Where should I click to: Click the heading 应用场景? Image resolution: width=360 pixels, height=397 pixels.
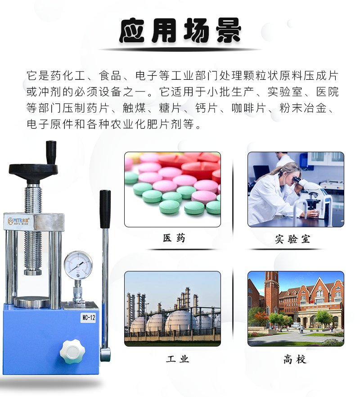point(180,31)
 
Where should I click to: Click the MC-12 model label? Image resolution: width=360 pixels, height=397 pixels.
point(88,318)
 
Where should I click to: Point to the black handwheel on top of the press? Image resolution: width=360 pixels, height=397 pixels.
point(33,170)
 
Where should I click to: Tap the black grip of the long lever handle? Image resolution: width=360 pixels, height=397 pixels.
point(105,209)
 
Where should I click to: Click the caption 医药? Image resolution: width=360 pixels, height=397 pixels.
point(174,238)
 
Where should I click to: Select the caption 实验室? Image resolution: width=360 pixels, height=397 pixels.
point(292,239)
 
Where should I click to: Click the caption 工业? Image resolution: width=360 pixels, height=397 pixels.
point(177,359)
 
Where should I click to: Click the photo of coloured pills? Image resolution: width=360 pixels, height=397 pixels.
point(172,189)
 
